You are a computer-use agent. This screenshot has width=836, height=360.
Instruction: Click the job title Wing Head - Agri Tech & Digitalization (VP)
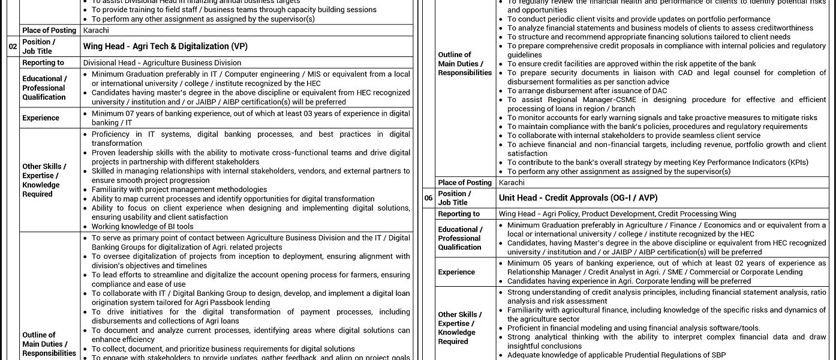pos(164,46)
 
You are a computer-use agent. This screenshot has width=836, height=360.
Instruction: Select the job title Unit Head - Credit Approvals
pos(578,197)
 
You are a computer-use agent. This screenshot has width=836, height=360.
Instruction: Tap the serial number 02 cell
pos(13,46)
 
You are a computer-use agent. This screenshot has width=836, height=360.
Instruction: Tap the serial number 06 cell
pos(428,197)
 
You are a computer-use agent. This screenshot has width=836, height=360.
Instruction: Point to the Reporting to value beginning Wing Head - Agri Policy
pos(617,214)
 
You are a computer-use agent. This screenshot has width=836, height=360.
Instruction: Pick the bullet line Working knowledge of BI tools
pos(142,227)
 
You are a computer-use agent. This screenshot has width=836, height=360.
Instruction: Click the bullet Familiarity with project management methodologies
pos(179,190)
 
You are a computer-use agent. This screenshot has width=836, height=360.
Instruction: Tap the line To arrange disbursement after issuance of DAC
pos(587,91)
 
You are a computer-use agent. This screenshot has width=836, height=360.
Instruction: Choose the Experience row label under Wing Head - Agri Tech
pos(41,118)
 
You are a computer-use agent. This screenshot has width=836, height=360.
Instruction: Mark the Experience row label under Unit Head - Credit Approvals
pos(456,272)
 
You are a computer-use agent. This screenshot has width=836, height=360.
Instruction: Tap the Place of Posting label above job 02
pos(49,30)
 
